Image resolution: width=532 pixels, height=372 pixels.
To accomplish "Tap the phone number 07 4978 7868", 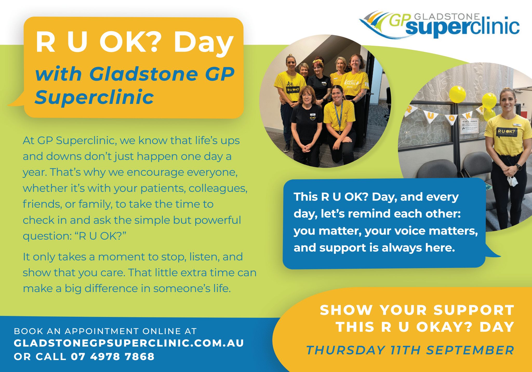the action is (113, 356).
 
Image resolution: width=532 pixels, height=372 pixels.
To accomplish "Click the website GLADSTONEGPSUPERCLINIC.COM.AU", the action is (129, 343).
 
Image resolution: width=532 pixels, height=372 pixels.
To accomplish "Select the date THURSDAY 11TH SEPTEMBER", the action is (410, 350).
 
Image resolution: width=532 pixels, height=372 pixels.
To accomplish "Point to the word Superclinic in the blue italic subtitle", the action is (94, 97).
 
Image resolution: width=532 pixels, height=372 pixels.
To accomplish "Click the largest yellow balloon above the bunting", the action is (457, 94).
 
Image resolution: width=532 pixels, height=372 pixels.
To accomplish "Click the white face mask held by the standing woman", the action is (512, 180).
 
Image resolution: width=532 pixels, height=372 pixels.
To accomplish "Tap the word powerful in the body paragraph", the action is (218, 220).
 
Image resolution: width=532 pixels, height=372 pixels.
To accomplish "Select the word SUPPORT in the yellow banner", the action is (474, 310).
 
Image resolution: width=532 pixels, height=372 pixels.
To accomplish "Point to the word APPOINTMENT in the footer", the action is (102, 331).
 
